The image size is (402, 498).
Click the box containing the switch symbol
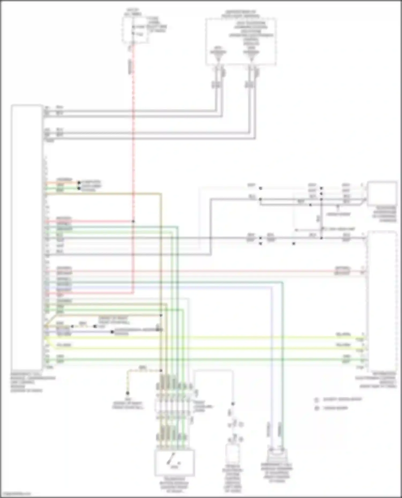[x=174, y=463]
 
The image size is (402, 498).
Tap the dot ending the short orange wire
[x=79, y=183]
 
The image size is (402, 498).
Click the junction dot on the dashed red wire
[x=133, y=221]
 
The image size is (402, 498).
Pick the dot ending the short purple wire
[x=112, y=332]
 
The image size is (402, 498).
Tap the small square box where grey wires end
[x=382, y=193]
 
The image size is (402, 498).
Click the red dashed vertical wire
[x=133, y=134]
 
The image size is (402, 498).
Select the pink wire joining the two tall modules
[x=204, y=271]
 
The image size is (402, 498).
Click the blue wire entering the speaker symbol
[x=271, y=375]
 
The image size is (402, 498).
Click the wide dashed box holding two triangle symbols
[x=241, y=41]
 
